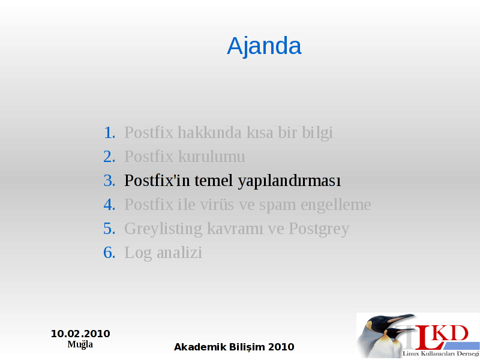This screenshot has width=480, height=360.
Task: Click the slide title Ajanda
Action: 264,46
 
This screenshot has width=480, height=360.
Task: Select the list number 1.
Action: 109,133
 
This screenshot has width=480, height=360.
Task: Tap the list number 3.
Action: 109,181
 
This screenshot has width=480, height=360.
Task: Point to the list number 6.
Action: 109,253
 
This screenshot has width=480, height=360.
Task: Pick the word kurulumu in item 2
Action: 212,157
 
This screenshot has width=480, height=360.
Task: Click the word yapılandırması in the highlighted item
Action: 289,181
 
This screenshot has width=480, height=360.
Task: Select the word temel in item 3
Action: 214,181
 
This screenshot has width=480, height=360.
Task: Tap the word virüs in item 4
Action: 217,205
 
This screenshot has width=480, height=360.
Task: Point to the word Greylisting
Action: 163,229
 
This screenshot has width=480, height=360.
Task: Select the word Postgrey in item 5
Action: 319,229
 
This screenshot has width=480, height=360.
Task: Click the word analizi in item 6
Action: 179,253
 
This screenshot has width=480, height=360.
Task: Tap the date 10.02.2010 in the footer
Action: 80,334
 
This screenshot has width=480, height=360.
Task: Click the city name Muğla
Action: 80,344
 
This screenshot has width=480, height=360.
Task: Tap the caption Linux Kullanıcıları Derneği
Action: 441,354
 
